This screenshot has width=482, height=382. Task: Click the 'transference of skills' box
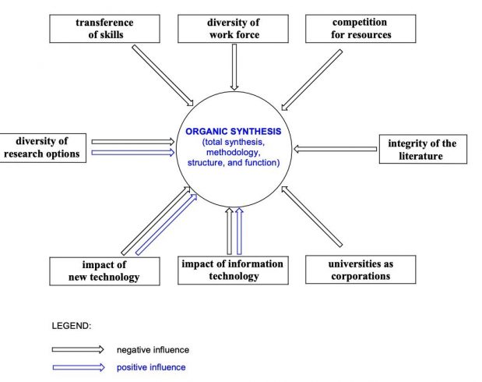click(104, 29)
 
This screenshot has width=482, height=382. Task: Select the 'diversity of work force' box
click(233, 29)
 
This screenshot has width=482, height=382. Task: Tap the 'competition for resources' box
click(361, 29)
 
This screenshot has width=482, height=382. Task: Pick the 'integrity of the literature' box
click(423, 149)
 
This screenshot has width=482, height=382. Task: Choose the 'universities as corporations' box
click(361, 269)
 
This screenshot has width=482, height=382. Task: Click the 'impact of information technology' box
click(233, 270)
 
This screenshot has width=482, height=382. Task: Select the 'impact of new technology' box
click(104, 271)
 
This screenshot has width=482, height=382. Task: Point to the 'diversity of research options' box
click(43, 148)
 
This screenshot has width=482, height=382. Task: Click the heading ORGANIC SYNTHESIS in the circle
click(234, 132)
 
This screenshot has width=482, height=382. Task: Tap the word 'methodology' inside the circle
click(233, 152)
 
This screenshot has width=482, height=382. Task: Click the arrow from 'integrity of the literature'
click(335, 149)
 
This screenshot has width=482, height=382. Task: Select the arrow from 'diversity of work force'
click(234, 67)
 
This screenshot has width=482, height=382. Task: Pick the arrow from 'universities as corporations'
click(311, 217)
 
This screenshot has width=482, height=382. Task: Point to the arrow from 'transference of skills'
click(163, 76)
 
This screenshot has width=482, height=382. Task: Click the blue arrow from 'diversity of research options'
click(133, 152)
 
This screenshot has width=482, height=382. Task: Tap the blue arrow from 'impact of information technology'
click(239, 232)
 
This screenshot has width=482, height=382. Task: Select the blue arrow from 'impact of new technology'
click(167, 225)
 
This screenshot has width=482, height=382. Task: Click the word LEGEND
click(72, 326)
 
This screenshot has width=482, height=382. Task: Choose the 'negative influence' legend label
click(153, 350)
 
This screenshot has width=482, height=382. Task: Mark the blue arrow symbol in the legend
click(79, 367)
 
